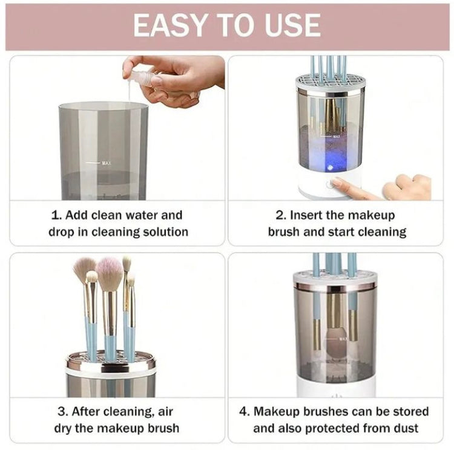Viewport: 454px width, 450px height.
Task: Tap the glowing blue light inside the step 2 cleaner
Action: (331, 164)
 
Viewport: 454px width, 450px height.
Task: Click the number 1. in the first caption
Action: (56, 215)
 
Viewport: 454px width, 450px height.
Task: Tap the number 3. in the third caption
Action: (62, 412)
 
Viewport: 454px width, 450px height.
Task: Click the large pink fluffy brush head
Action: (110, 273)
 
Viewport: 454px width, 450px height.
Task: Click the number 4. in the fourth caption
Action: (245, 412)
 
